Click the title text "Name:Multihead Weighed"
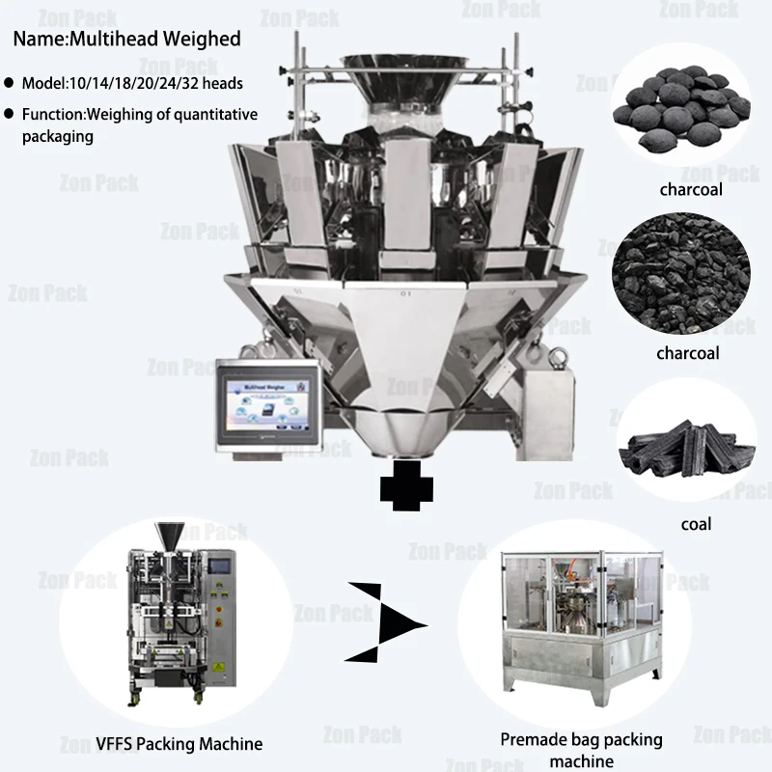coord(126,40)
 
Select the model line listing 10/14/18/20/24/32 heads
coord(133,83)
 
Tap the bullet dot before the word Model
coord(10,84)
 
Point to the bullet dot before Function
coord(10,115)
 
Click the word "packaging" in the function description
coord(58,136)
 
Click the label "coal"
coord(696,524)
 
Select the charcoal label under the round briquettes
coord(691,189)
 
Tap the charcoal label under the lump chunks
coord(688,353)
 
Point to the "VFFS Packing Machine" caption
coord(179,743)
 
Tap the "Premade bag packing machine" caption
coord(581,750)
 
